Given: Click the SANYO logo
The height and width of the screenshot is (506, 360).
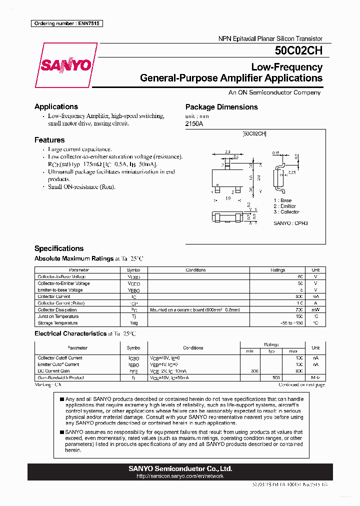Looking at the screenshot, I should point(65,65).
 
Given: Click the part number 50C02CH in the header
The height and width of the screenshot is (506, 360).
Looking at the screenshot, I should point(298,50).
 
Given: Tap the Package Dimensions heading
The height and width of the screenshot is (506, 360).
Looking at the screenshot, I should point(221,107).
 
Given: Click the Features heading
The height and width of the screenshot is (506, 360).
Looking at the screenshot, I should point(49,140).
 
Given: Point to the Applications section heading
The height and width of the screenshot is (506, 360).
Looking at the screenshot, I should point(56,106).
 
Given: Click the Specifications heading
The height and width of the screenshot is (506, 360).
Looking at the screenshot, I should point(59,248).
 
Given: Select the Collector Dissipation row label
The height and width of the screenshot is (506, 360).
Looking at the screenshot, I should point(57,310).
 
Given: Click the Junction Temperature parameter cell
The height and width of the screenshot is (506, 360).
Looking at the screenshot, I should point(58,316).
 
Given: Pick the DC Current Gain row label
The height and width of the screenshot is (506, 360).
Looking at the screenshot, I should point(53,371).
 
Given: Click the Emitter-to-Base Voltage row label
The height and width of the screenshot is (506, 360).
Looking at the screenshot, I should point(60,290).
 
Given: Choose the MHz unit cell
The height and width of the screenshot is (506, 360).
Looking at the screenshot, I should point(315,377).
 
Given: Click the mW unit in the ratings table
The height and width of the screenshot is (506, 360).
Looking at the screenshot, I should point(315,310).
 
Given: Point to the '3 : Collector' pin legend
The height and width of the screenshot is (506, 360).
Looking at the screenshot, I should point(286,212).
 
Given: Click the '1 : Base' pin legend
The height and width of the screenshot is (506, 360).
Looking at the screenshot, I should point(282,200).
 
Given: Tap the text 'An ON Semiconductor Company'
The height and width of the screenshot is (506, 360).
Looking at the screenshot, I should point(274,92).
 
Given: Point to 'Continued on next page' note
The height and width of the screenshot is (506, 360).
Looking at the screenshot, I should point(301,384).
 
